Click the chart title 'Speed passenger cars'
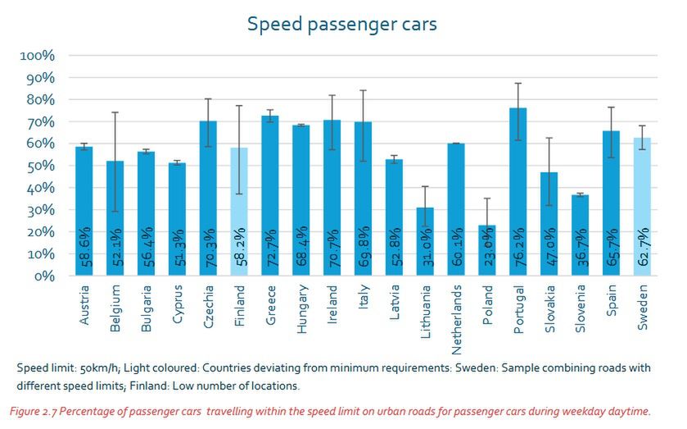[342, 25]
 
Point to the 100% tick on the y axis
[37, 56]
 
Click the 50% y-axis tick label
[39, 166]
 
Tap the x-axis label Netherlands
[457, 314]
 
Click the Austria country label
[85, 305]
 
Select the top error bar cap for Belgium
[115, 112]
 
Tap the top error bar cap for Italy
[363, 90]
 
